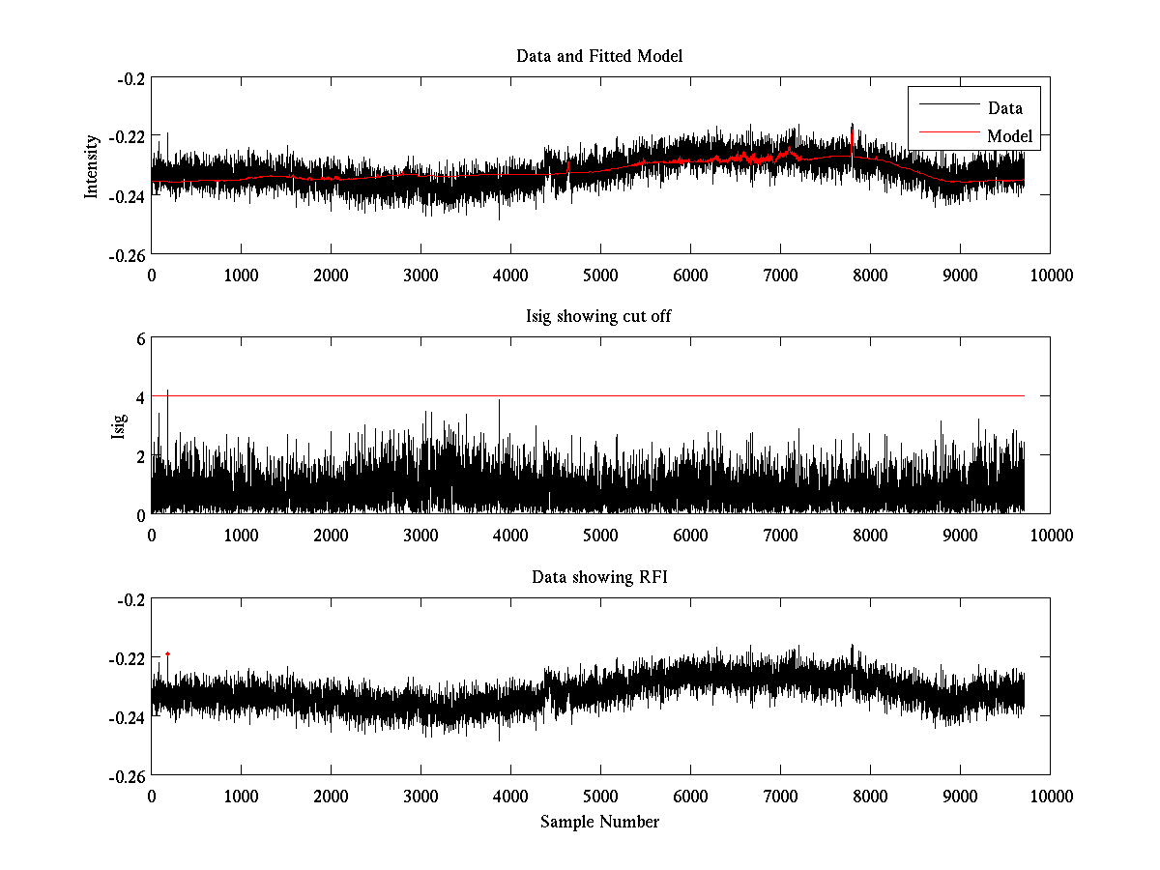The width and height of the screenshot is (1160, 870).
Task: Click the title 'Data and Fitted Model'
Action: pos(599,56)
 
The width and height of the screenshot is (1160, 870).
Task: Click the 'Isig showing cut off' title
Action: pos(599,317)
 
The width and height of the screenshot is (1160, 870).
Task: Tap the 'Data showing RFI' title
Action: pos(599,577)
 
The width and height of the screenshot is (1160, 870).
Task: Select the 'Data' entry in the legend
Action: pos(1004,108)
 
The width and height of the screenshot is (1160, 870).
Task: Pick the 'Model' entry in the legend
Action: pos(1009,136)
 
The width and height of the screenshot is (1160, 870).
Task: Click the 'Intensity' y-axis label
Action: pos(92,165)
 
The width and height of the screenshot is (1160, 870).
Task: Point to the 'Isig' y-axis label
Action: pos(119,426)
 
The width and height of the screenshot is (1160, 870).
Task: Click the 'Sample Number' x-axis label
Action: pos(599,822)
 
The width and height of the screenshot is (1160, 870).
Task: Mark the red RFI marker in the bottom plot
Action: pos(167,654)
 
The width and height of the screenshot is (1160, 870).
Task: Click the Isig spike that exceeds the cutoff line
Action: pos(167,391)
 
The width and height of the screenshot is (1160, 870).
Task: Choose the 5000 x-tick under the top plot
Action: pos(600,275)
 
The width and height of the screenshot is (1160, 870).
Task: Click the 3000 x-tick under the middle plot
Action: pos(420,535)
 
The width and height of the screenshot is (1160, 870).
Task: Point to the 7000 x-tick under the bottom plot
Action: pos(780,796)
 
